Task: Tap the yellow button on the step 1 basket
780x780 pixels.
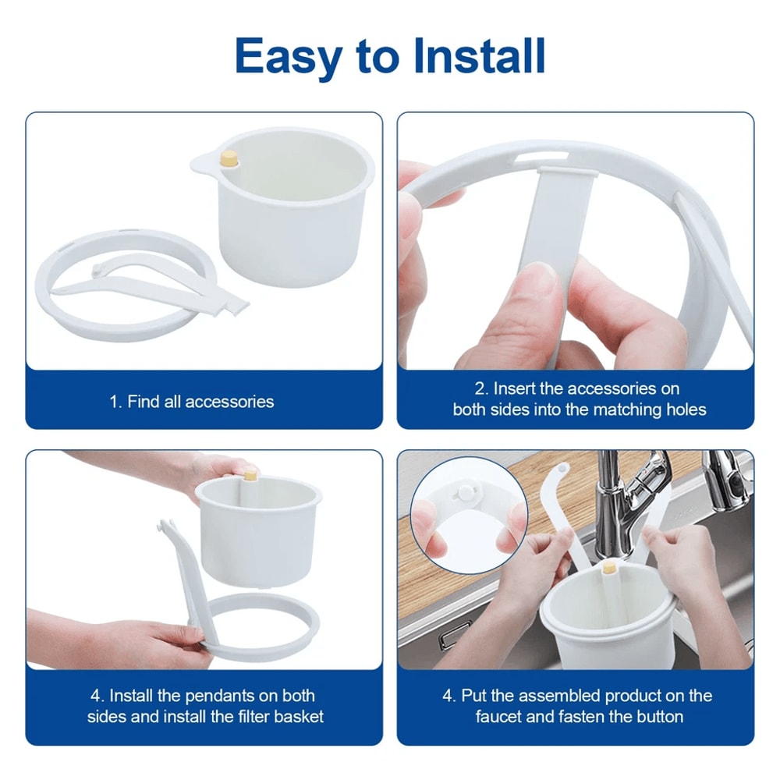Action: point(229,158)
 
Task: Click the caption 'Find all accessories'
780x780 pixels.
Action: point(191,402)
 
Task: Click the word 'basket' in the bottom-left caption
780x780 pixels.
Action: point(296,716)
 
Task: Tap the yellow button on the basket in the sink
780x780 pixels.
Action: point(609,569)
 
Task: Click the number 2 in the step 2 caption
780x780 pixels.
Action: point(480,388)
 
